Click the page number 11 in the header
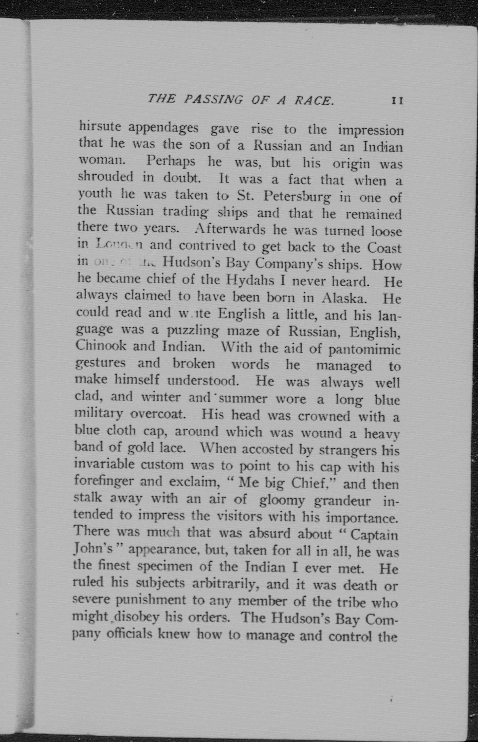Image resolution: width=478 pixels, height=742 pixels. (397, 101)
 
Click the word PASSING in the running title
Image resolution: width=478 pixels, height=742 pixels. (213, 99)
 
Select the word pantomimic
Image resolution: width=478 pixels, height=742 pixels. (364, 350)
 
